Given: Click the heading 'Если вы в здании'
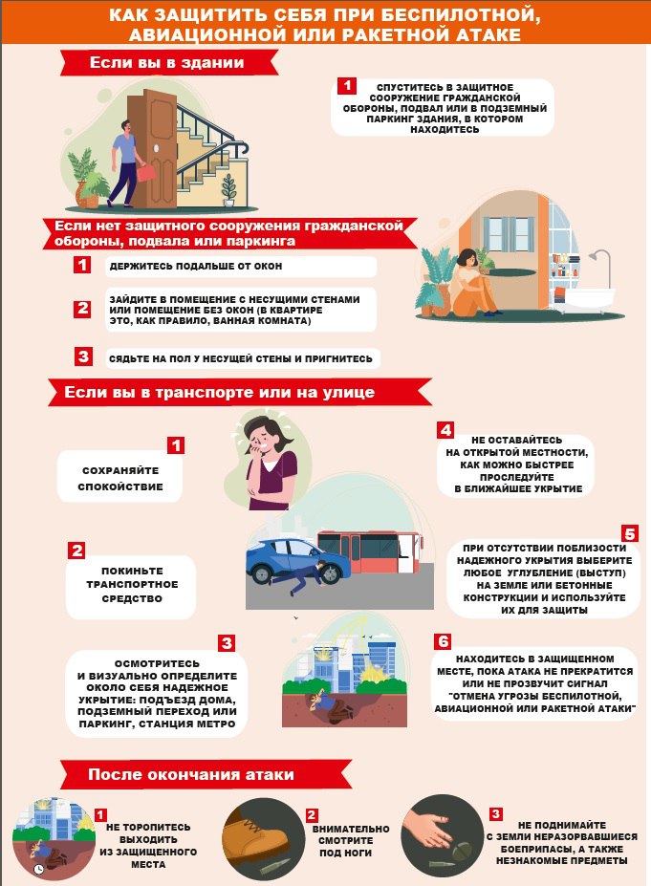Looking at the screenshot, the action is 166,63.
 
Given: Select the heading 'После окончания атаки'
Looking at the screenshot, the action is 191,774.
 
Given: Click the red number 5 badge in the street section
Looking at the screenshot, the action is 630,533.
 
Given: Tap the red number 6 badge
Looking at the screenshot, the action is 443,641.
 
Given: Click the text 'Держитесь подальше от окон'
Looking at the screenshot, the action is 196,266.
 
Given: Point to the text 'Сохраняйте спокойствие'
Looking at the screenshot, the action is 120,478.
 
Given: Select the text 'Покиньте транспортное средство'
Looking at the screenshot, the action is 132,584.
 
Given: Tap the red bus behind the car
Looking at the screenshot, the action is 370,551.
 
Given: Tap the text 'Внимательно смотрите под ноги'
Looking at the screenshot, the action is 351,841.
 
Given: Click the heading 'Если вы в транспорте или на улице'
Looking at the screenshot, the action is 219,392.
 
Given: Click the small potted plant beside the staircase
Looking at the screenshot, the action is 228,189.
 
